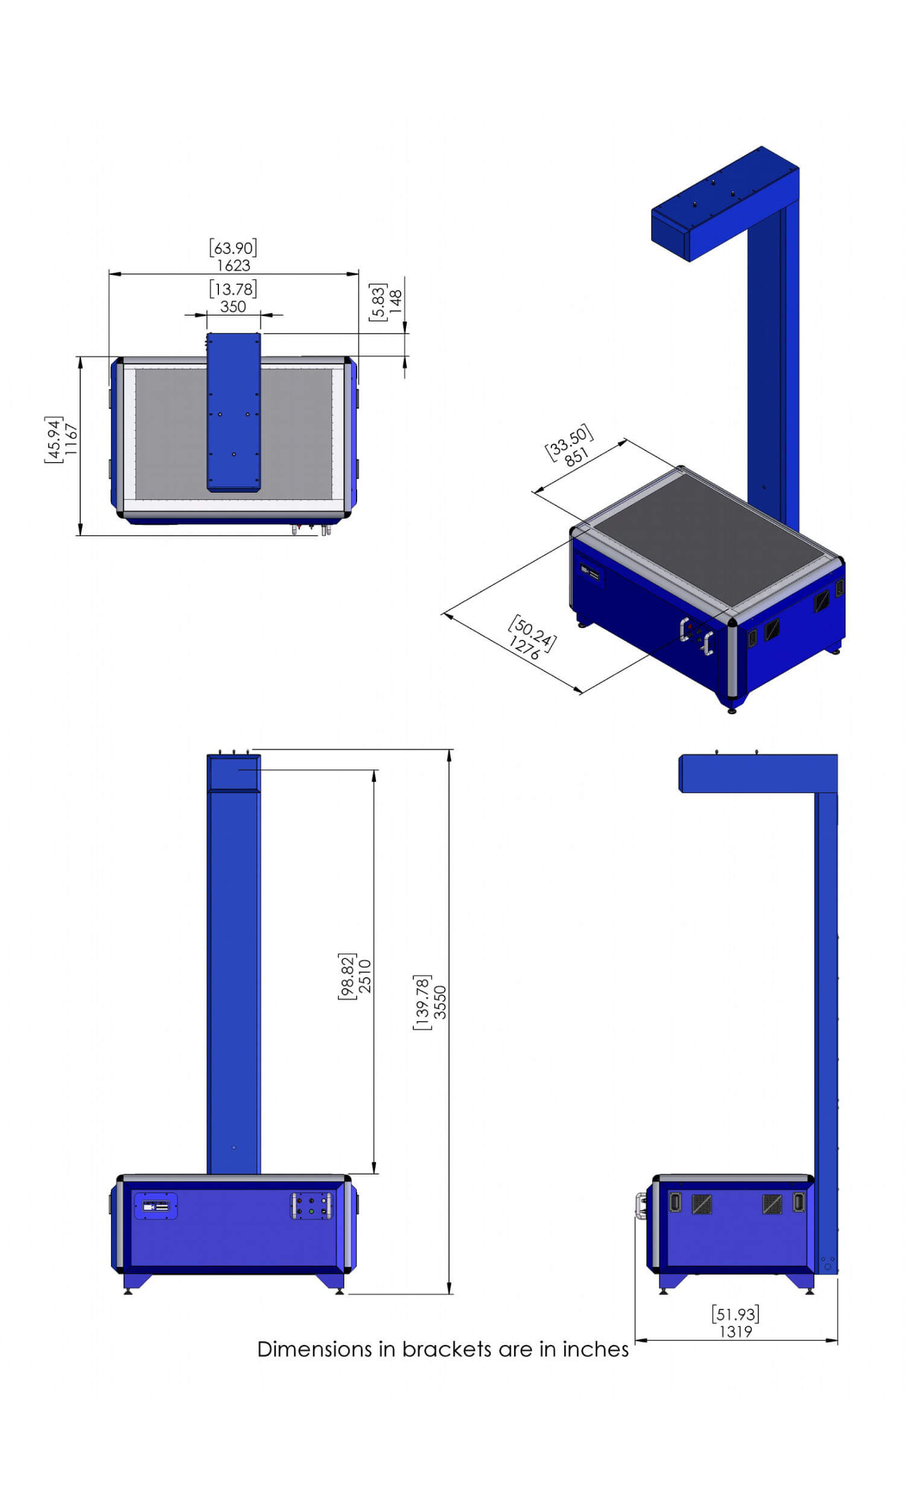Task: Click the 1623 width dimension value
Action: coord(233,265)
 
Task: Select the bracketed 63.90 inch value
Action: coord(233,248)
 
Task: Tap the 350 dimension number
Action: coord(233,306)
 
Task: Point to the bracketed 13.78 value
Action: coord(233,289)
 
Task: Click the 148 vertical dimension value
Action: coord(396,302)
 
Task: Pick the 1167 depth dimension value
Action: coord(71,439)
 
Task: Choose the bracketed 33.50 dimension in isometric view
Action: coord(568,442)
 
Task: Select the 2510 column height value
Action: coord(364,976)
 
